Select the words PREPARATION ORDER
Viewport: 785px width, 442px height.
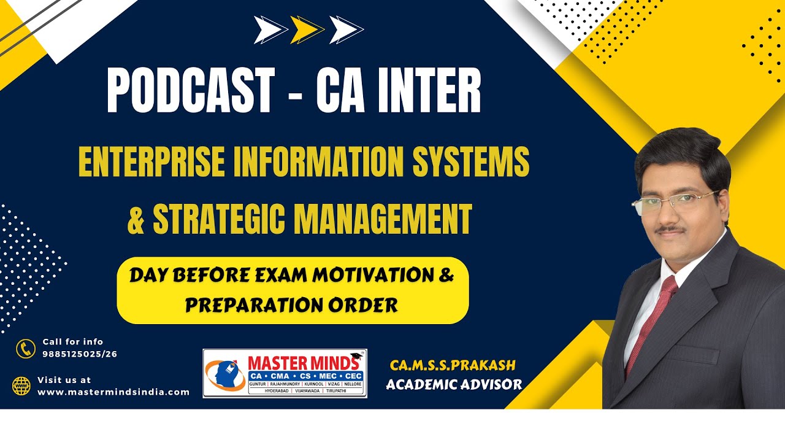point(291,304)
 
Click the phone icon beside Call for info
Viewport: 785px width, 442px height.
point(26,349)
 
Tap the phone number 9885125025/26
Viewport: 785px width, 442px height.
point(80,354)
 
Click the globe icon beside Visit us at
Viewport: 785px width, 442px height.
point(21,386)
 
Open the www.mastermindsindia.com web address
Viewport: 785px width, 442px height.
point(113,392)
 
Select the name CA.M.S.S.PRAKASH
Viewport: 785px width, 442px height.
point(453,366)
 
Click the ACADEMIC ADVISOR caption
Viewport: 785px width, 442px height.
point(454,385)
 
